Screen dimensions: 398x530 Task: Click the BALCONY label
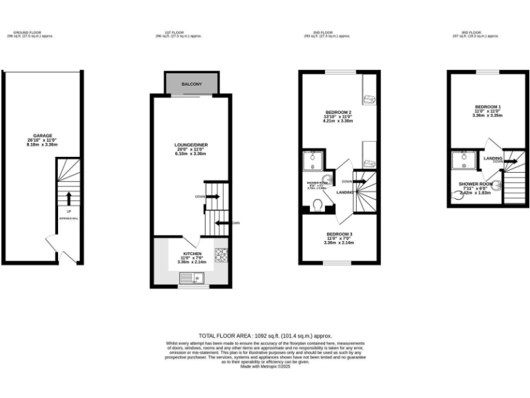[x=192, y=84]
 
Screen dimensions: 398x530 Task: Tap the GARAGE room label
[x=43, y=135]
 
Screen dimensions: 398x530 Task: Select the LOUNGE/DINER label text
[x=191, y=144]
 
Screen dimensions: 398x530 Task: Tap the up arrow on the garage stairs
[x=68, y=199]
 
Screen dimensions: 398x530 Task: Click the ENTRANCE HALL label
[x=68, y=218]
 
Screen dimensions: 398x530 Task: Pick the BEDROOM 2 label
[x=339, y=113]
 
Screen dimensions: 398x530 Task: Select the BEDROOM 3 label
[x=339, y=234]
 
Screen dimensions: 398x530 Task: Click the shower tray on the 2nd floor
[x=313, y=162]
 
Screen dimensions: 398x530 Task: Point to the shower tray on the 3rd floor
[x=459, y=161]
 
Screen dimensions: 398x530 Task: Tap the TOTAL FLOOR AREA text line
[x=265, y=334]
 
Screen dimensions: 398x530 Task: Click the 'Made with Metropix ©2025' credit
[x=265, y=367]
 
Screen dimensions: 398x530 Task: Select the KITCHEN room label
[x=192, y=254]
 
